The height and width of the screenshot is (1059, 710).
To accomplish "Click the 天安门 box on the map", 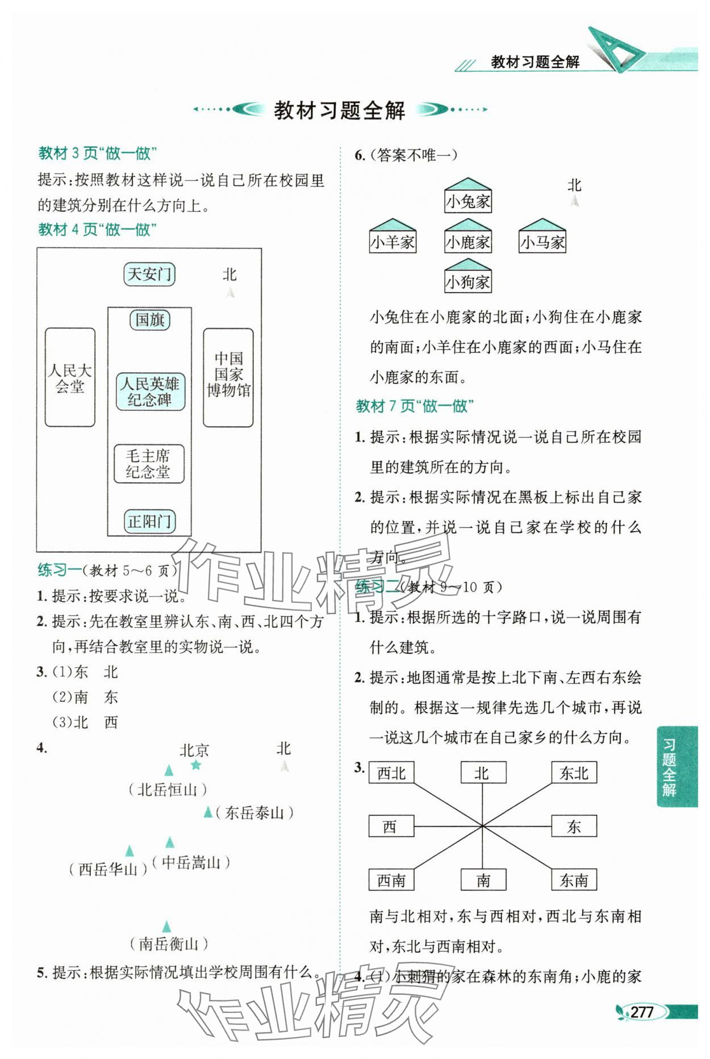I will tap(149, 274).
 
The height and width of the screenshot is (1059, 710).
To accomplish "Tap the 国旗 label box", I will tap(149, 320).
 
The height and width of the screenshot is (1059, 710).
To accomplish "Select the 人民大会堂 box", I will tap(70, 378).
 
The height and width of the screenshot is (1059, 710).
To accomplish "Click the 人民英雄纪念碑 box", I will tap(150, 391).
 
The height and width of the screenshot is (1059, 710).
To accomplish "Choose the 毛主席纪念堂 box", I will tap(149, 464).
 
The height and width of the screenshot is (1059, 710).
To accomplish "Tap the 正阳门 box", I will tap(149, 522).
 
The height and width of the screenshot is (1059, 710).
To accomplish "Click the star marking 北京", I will tap(196, 765).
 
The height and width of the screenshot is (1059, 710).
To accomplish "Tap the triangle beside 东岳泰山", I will tap(208, 812).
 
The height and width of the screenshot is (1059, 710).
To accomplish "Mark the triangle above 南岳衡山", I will tap(166, 927).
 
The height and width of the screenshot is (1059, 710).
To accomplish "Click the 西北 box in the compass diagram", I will tap(391, 773).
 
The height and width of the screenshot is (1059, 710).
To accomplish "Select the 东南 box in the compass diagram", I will tap(574, 880).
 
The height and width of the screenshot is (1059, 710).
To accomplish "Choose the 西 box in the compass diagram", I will tap(391, 826).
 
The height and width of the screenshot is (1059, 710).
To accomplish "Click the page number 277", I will tap(642, 1012).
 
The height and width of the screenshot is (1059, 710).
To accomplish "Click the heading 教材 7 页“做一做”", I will tap(415, 406).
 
